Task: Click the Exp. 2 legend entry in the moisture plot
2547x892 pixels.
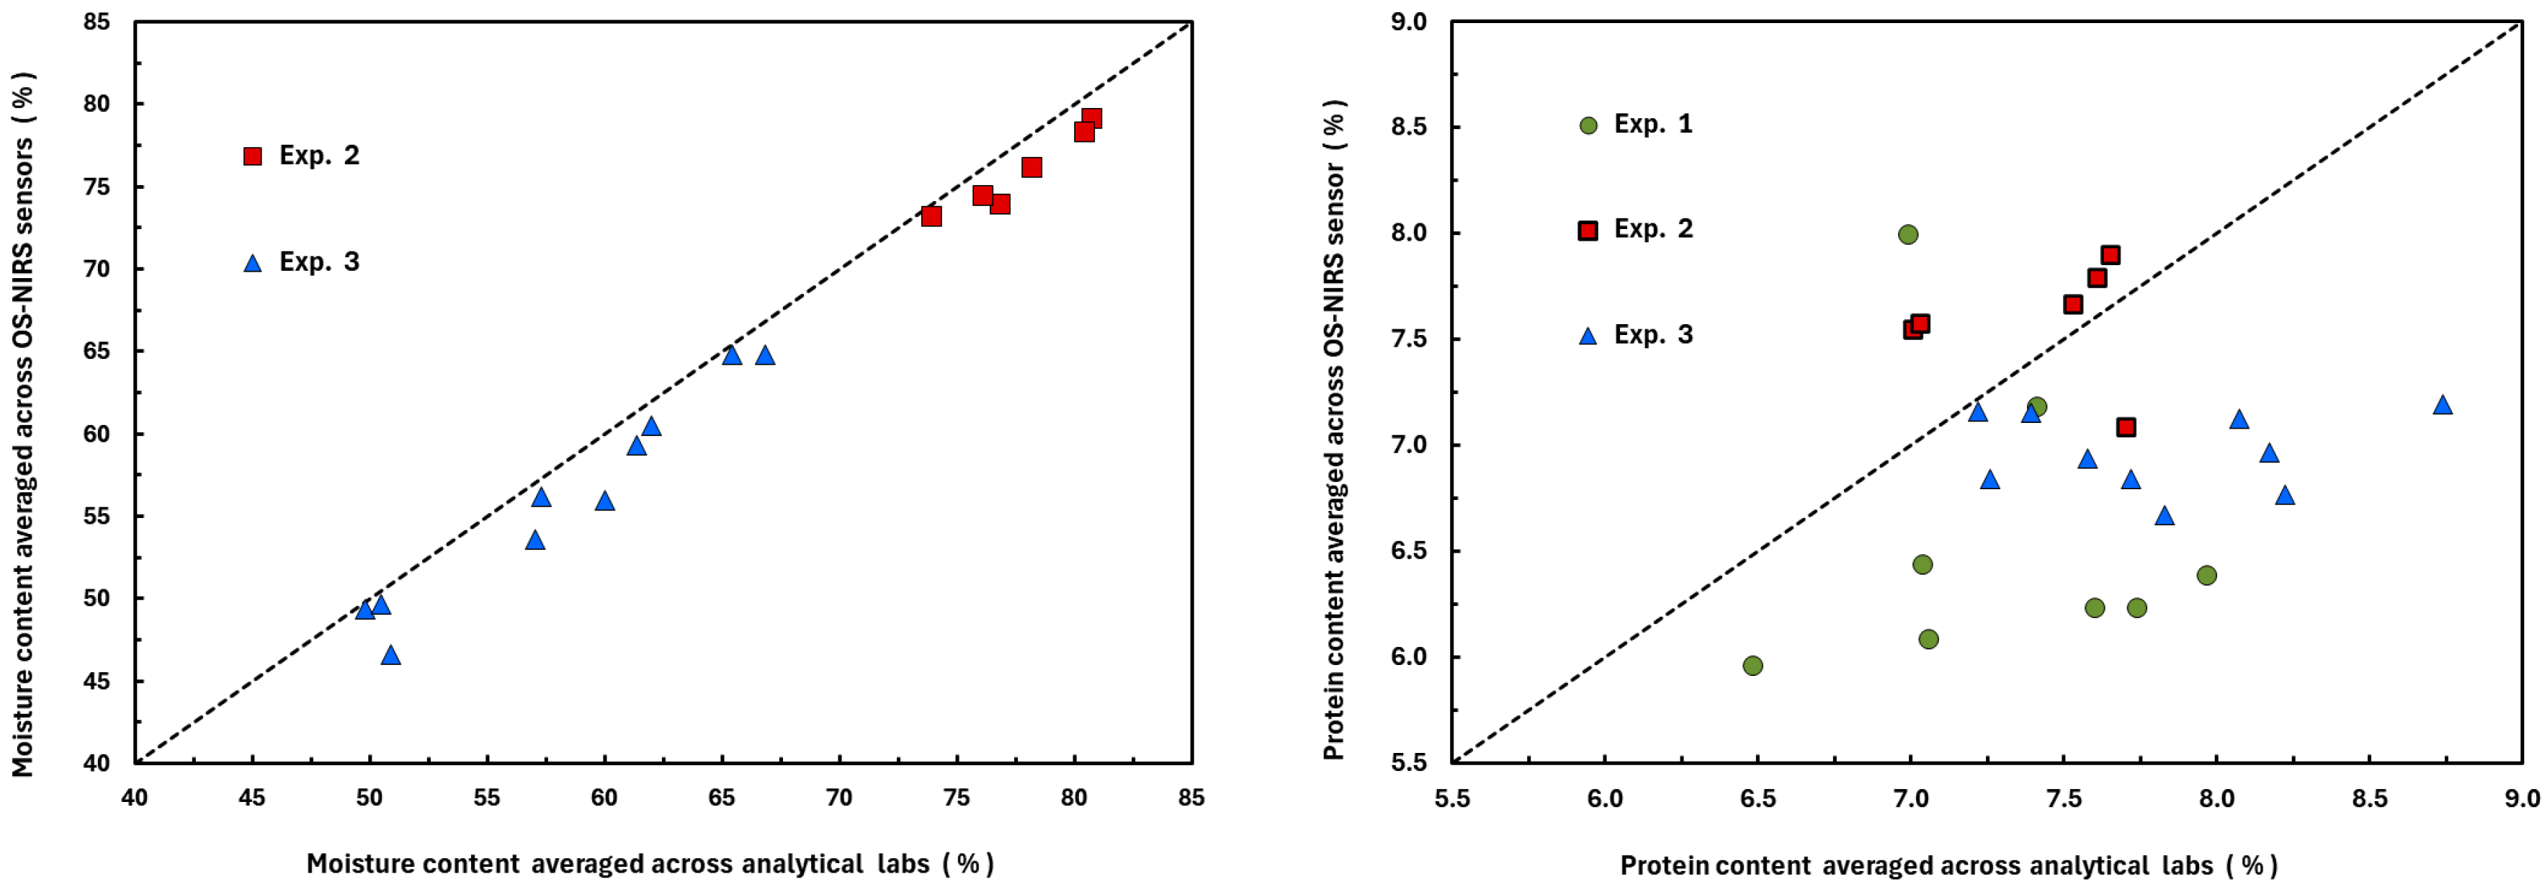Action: [302, 155]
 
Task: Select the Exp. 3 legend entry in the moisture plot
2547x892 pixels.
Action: [302, 262]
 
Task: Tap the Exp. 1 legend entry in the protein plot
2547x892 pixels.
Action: [1637, 125]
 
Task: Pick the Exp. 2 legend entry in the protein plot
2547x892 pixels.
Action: [1637, 229]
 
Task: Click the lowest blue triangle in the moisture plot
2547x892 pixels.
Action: [390, 655]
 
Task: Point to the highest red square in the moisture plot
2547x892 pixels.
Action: [1091, 119]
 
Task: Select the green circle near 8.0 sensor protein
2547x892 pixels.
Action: [1908, 234]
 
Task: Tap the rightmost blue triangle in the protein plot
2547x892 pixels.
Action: [2442, 404]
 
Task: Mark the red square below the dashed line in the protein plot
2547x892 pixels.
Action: [2126, 427]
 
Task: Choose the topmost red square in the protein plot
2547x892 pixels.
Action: [2110, 255]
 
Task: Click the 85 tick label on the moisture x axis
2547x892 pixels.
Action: [1191, 797]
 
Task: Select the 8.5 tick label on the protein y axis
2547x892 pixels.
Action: [1408, 127]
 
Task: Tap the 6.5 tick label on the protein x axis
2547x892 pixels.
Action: [1758, 798]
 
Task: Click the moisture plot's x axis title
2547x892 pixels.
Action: [650, 863]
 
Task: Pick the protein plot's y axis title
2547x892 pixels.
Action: [1334, 429]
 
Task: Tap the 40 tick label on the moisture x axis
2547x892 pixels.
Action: [135, 797]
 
